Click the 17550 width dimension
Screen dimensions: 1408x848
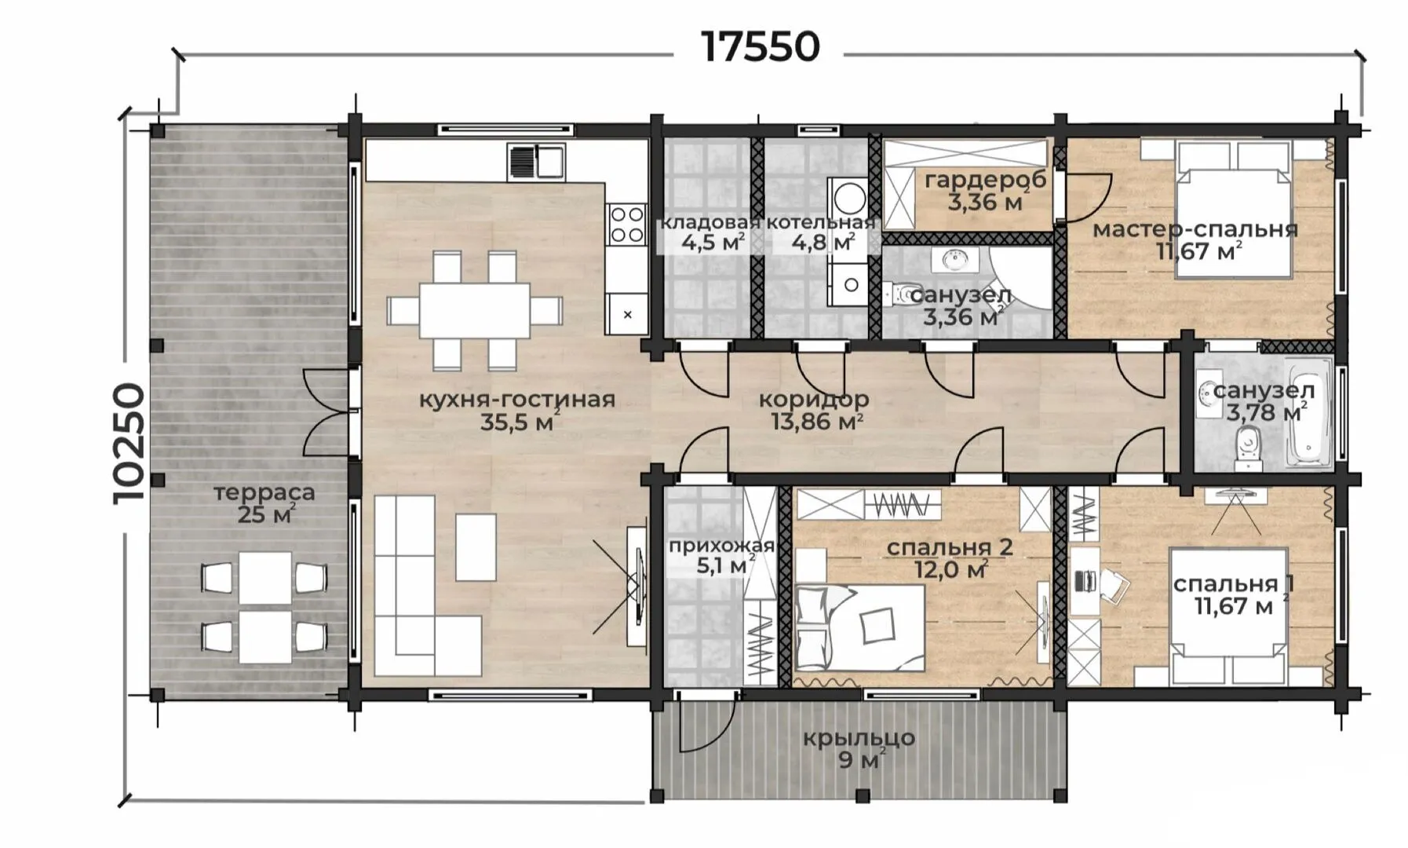click(760, 47)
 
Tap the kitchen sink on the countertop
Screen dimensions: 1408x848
click(537, 161)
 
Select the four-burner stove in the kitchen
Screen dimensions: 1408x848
click(626, 224)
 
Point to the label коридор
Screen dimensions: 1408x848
click(813, 400)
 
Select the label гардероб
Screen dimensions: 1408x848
click(985, 180)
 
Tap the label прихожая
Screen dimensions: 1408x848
click(721, 545)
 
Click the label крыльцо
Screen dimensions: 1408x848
click(859, 738)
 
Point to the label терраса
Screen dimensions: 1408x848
click(264, 493)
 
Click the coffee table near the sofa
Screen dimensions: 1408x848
click(476, 547)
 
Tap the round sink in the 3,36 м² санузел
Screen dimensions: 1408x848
click(954, 259)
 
